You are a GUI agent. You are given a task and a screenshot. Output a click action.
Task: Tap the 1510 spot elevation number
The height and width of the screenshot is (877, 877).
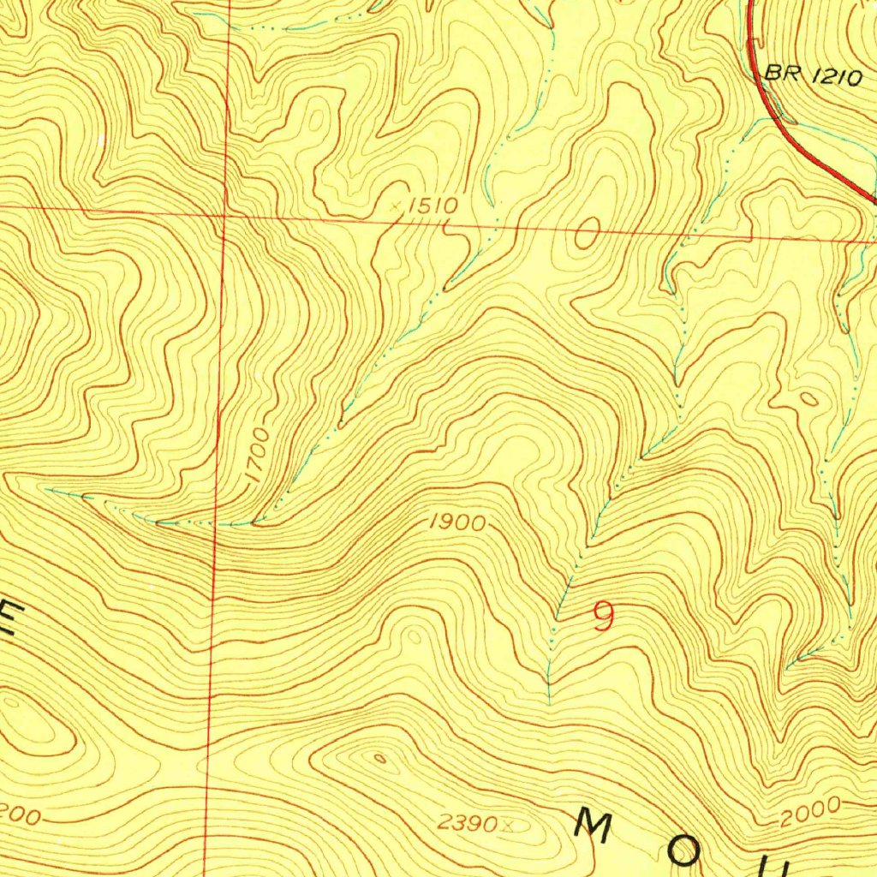433,206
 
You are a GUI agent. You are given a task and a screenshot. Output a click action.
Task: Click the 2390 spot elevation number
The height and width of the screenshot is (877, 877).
468,824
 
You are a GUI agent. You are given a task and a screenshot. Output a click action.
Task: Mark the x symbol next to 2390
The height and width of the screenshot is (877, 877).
509,826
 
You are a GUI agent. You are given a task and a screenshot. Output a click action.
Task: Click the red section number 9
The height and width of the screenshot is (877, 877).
604,617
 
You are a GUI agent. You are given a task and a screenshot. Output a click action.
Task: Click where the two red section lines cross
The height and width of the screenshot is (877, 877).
222,212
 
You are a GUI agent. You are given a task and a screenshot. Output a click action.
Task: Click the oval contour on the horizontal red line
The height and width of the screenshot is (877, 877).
588,232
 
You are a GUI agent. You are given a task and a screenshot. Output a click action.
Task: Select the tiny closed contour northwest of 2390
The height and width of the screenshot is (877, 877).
379,757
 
